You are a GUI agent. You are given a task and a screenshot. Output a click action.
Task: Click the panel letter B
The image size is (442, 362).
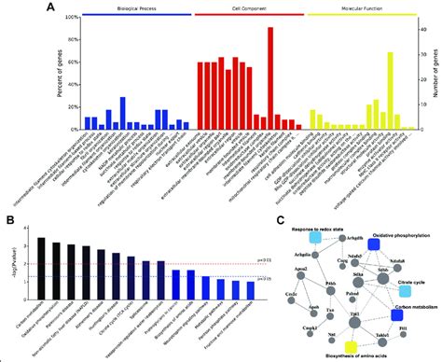click(7, 220)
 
